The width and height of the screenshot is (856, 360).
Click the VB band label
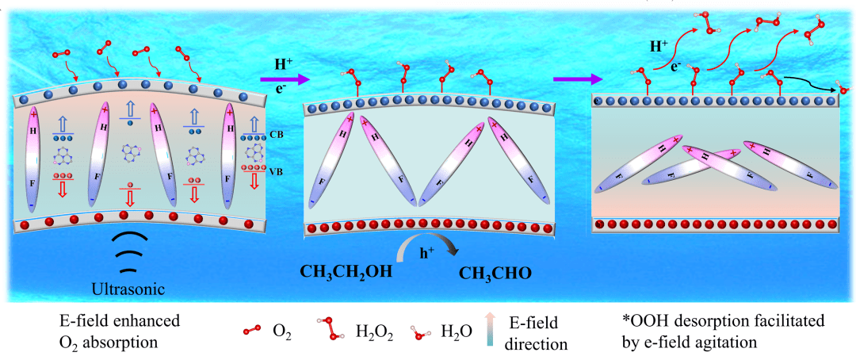277,170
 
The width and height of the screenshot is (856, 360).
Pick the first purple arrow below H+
282,78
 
